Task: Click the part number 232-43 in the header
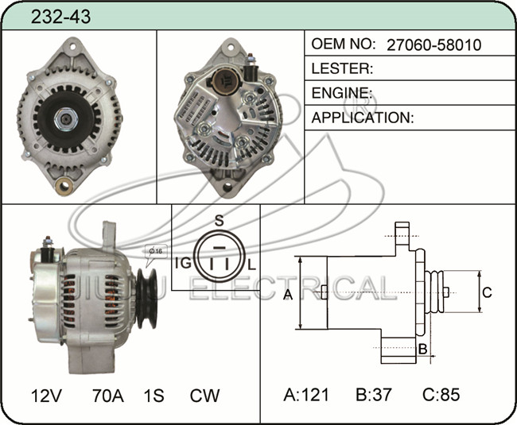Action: coord(60,17)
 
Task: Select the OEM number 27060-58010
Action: coord(434,44)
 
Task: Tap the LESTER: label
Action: coord(342,68)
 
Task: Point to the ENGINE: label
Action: coord(342,93)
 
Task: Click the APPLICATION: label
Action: coord(363,118)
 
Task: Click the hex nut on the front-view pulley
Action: coord(66,119)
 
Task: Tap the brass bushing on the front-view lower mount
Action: coord(64,186)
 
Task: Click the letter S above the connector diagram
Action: coord(220,221)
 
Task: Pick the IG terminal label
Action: coord(183,263)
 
